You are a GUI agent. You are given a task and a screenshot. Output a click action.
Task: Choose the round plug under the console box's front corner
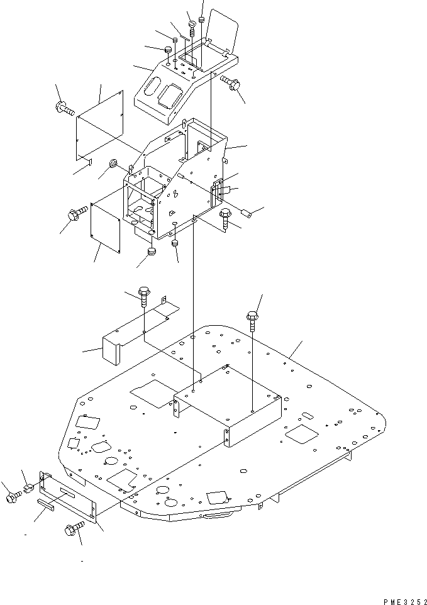pyautogui.click(x=152, y=252)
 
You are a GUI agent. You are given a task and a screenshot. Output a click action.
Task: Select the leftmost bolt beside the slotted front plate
pyautogui.click(x=11, y=497)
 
